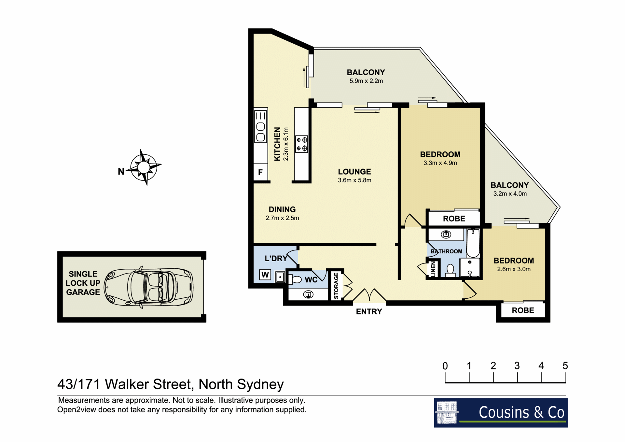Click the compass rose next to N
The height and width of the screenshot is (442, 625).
tap(144, 167)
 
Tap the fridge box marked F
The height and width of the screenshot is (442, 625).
tap(260, 172)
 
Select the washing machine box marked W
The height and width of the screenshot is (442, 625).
tap(265, 275)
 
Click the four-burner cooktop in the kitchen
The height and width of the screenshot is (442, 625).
tap(302, 144)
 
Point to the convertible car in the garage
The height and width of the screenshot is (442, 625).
tap(148, 287)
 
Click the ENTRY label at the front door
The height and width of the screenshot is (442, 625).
tap(369, 312)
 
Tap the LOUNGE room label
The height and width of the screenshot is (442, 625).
tap(354, 172)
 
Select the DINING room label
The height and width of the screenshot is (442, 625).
tap(282, 209)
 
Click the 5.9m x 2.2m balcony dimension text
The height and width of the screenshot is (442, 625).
tap(366, 81)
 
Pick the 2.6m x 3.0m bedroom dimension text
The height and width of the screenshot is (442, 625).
tap(514, 269)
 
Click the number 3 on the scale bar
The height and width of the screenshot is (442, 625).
tap(517, 366)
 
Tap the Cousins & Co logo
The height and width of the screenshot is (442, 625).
tap(501, 413)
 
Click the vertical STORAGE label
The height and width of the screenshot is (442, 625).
tap(336, 286)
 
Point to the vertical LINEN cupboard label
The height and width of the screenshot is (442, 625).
tap(433, 269)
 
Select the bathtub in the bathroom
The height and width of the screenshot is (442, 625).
tap(473, 243)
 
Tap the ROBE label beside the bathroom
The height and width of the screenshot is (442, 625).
tap(454, 219)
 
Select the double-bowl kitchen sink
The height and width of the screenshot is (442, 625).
tap(260, 132)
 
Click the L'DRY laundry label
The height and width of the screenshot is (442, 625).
tap(276, 259)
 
